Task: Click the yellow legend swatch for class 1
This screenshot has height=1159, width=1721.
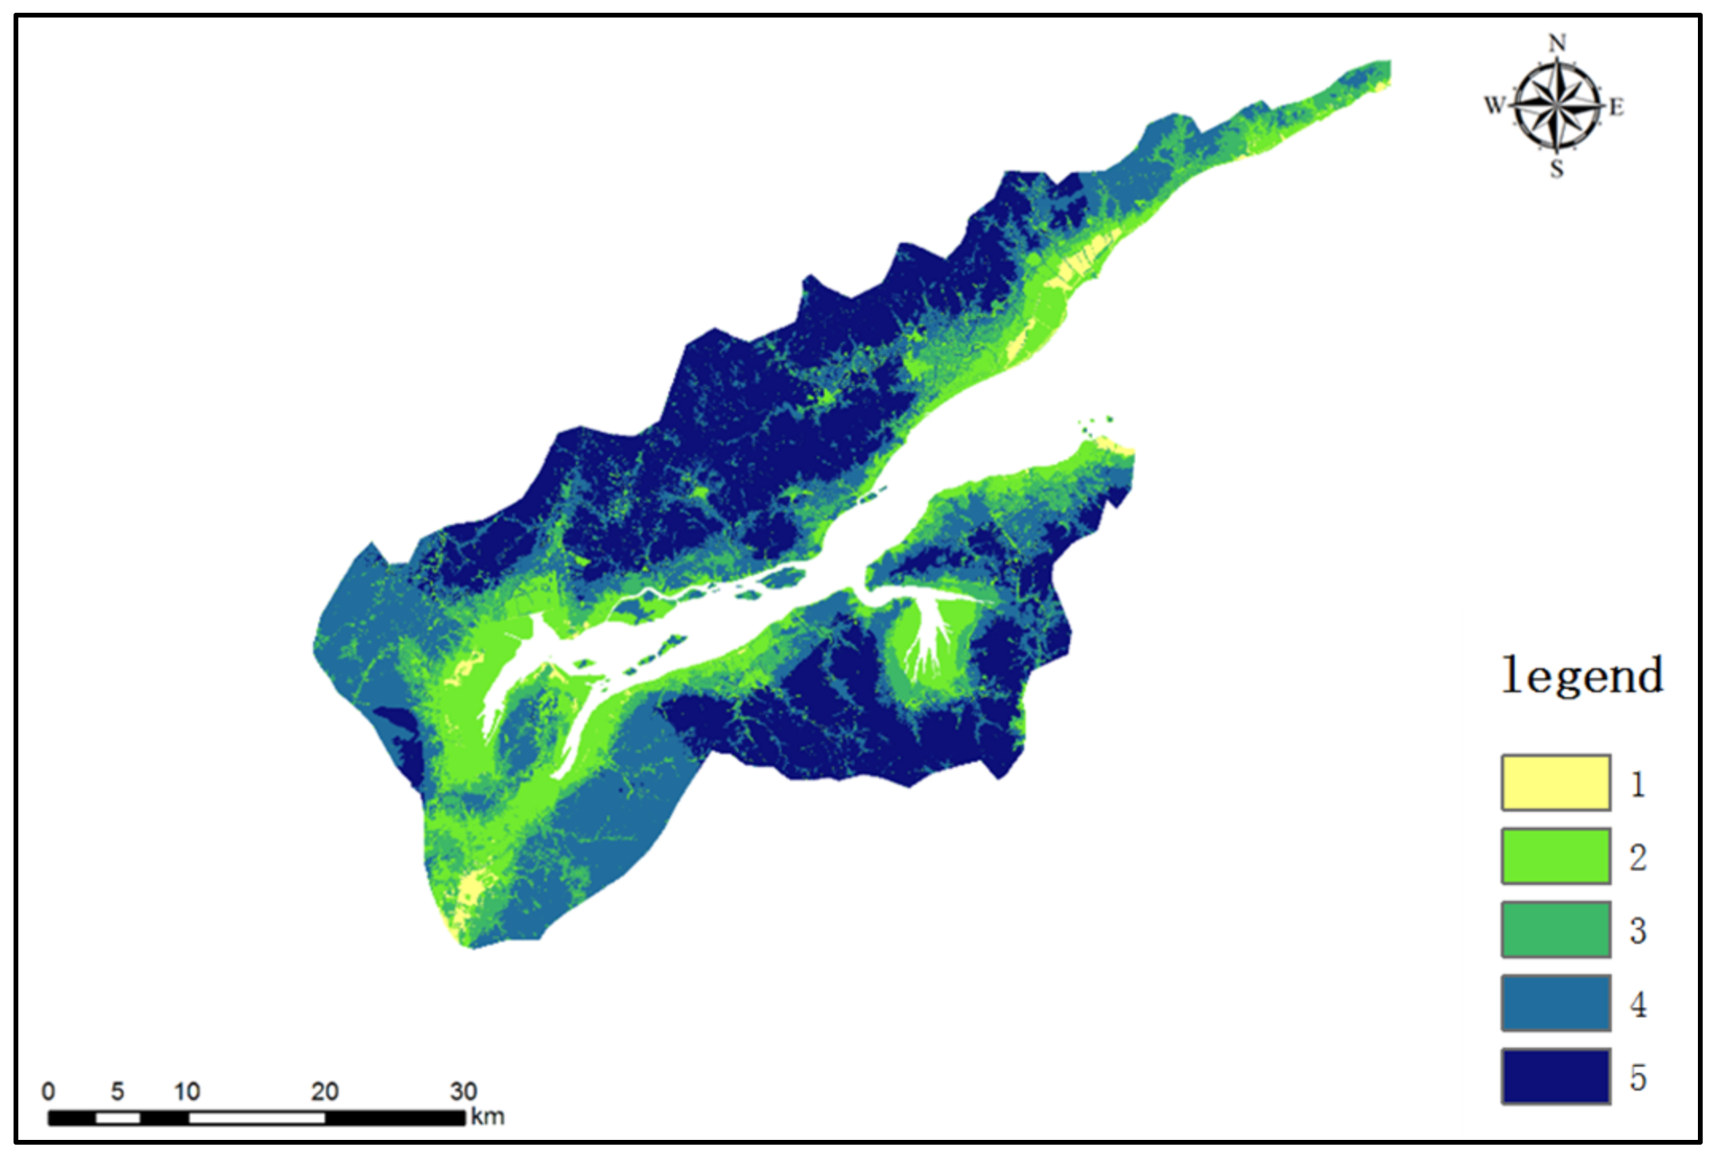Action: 1555,783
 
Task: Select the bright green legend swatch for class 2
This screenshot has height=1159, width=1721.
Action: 1555,856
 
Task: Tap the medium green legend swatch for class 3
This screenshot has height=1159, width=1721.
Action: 1555,930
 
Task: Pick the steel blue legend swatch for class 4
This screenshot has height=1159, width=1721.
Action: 1555,1003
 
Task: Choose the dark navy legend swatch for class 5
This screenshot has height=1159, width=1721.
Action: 1555,1076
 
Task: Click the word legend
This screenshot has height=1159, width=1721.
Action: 1582,676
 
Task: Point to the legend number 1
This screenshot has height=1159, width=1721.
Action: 1637,785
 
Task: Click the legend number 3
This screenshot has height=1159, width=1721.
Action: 1637,930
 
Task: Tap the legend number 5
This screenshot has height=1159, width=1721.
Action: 1637,1077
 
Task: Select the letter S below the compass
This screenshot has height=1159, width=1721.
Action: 1557,169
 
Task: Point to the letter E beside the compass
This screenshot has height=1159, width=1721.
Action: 1616,107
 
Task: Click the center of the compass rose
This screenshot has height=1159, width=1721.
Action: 1557,105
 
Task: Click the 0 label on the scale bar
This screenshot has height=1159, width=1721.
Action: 49,1091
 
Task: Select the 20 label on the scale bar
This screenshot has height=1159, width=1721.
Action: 325,1091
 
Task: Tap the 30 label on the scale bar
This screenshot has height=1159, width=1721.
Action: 464,1091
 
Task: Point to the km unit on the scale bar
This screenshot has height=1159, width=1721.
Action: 488,1117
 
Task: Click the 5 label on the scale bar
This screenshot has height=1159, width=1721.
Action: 118,1091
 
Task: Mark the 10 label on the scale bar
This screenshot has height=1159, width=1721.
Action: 187,1091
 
